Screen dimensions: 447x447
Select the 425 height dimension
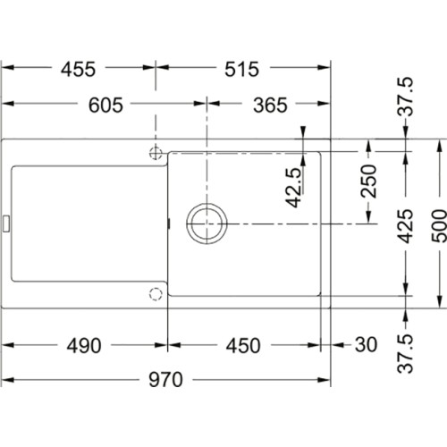406,229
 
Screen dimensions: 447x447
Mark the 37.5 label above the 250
406,97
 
